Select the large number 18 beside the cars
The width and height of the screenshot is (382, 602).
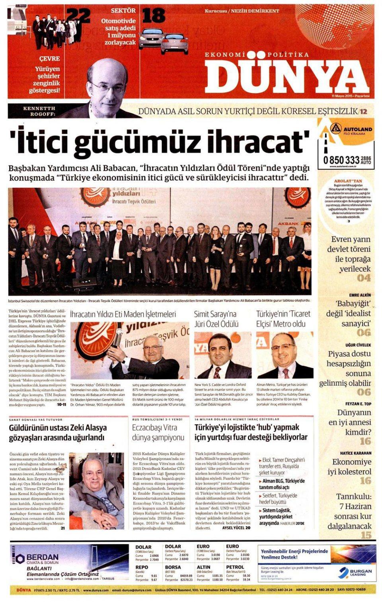(153, 16)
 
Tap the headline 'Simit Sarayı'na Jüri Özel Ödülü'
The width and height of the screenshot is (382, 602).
(215, 319)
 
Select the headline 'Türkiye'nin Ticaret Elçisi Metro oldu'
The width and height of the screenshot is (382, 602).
(283, 319)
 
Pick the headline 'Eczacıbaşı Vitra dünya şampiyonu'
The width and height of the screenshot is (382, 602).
(158, 433)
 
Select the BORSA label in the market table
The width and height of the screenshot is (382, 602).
(173, 567)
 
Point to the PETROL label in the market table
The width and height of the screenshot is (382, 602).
(235, 567)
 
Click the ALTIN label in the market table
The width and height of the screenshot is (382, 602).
(204, 567)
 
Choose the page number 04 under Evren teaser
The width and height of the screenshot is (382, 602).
(363, 278)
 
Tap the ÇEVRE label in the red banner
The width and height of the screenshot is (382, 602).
(49, 58)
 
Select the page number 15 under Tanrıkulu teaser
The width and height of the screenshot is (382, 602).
(366, 535)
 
